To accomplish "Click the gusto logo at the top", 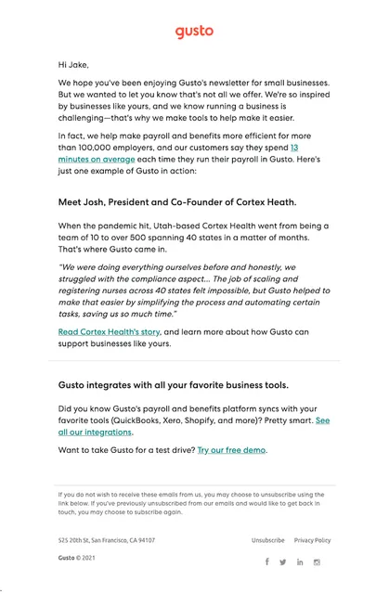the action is click(194, 32).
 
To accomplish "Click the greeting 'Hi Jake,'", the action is click(74, 65).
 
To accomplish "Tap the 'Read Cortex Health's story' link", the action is click(110, 331).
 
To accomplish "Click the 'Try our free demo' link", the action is click(232, 450).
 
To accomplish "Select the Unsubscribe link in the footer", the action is click(267, 540).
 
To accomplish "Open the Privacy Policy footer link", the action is click(312, 540).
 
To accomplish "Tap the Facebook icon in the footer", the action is click(266, 562).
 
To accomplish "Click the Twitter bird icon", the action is click(283, 562).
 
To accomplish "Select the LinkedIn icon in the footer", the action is click(300, 562).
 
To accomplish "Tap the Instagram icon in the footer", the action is click(317, 562).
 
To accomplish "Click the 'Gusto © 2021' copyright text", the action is click(77, 559).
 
